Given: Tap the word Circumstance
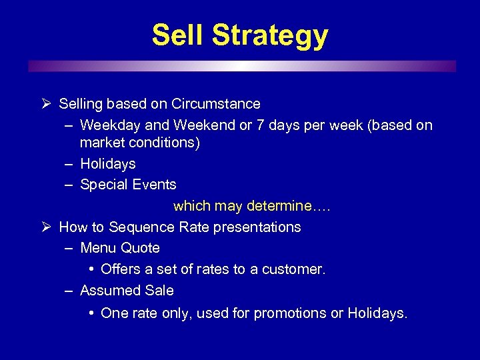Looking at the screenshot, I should pos(215,104).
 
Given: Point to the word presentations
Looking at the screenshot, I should pos(257,227).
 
